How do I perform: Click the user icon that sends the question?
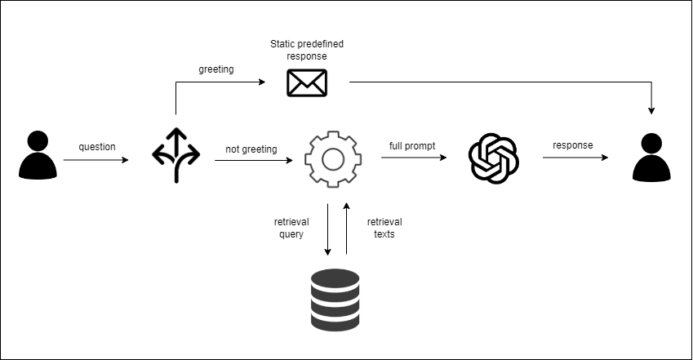[x=38, y=155]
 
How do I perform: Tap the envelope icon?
[x=307, y=82]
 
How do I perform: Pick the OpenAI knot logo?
[x=493, y=158]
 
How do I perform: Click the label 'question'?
[x=97, y=147]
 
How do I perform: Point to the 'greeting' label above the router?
[x=216, y=69]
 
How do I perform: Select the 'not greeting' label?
[x=251, y=149]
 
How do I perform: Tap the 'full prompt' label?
[x=412, y=146]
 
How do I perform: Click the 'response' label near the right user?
[x=573, y=146]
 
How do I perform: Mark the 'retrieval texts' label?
[x=384, y=228]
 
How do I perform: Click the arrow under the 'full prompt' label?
[x=414, y=159]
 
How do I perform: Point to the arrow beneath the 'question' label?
[x=96, y=160]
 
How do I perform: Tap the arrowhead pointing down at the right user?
[x=651, y=109]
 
